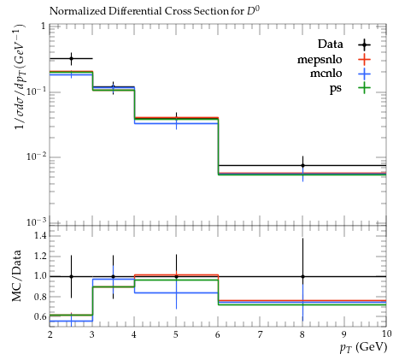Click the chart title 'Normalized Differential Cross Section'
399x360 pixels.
[x=139, y=11]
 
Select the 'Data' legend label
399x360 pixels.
[x=330, y=44]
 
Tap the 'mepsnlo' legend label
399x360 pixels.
[x=320, y=60]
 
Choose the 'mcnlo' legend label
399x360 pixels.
[x=326, y=74]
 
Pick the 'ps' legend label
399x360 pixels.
[x=336, y=88]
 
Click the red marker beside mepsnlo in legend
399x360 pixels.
[x=364, y=59]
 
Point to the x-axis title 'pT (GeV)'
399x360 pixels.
[x=363, y=347]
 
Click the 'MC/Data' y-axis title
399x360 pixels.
[x=16, y=276]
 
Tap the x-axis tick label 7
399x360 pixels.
[x=260, y=334]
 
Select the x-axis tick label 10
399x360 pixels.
[x=385, y=333]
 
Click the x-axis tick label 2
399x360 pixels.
[x=50, y=334]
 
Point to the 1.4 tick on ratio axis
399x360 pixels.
[x=40, y=235]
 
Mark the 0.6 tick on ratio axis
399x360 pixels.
[x=40, y=316]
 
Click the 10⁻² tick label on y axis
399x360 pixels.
[x=36, y=156]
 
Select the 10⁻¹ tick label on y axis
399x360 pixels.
[x=36, y=91]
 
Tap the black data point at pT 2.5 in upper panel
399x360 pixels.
[x=71, y=59]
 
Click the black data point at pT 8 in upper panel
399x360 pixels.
[x=302, y=165]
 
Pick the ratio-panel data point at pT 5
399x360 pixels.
[x=176, y=276]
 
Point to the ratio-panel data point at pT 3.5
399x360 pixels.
[x=113, y=276]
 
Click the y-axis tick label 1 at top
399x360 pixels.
[x=44, y=27]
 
